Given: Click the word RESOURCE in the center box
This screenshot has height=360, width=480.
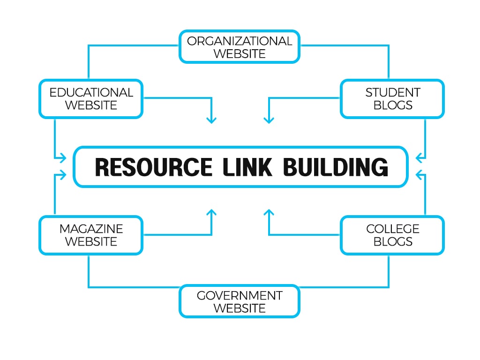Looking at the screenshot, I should (153, 167).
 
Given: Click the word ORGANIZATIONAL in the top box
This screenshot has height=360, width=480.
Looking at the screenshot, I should (240, 41).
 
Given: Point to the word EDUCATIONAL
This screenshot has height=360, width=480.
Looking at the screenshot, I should (91, 92).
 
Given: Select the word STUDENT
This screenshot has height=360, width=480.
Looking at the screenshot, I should (393, 92).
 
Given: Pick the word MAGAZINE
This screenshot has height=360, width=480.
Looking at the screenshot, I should (91, 229).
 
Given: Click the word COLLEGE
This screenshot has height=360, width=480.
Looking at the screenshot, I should (393, 229).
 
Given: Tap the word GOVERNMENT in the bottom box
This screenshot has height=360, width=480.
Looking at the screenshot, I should (240, 296).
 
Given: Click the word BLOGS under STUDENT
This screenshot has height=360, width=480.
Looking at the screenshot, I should (393, 105).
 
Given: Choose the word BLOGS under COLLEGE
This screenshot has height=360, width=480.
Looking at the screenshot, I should (393, 241).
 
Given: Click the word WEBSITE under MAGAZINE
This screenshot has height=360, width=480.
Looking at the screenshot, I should (91, 241).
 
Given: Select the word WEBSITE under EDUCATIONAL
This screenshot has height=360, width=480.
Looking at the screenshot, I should (91, 105).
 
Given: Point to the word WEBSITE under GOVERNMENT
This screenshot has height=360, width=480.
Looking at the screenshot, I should (240, 308).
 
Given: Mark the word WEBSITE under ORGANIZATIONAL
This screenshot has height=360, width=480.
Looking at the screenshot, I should (240, 53).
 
